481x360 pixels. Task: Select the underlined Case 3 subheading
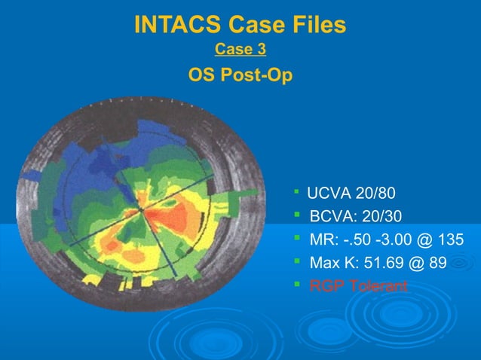click(240, 50)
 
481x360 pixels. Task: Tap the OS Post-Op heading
click(240, 76)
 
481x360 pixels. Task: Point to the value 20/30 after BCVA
click(382, 217)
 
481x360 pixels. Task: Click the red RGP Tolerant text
click(358, 287)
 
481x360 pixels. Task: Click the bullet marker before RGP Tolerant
click(297, 285)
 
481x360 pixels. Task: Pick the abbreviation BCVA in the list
click(332, 217)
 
